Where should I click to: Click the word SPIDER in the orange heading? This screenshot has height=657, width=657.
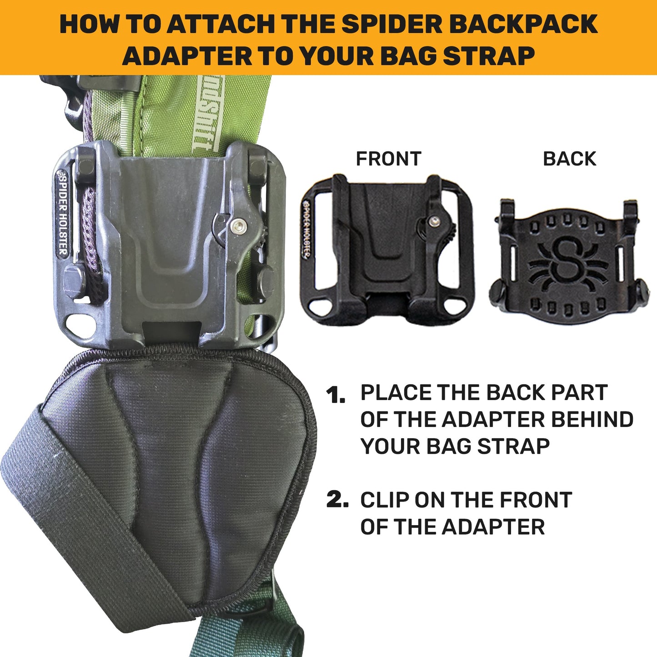point(392,24)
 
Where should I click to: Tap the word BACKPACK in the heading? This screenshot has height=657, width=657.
point(523,24)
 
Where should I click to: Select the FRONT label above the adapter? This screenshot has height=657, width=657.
point(388,159)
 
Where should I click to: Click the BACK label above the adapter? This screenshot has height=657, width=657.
point(569,159)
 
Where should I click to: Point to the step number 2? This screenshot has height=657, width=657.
point(337,500)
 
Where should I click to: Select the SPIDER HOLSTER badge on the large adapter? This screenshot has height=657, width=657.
point(63,214)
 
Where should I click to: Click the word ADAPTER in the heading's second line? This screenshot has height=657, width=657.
point(186,56)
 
